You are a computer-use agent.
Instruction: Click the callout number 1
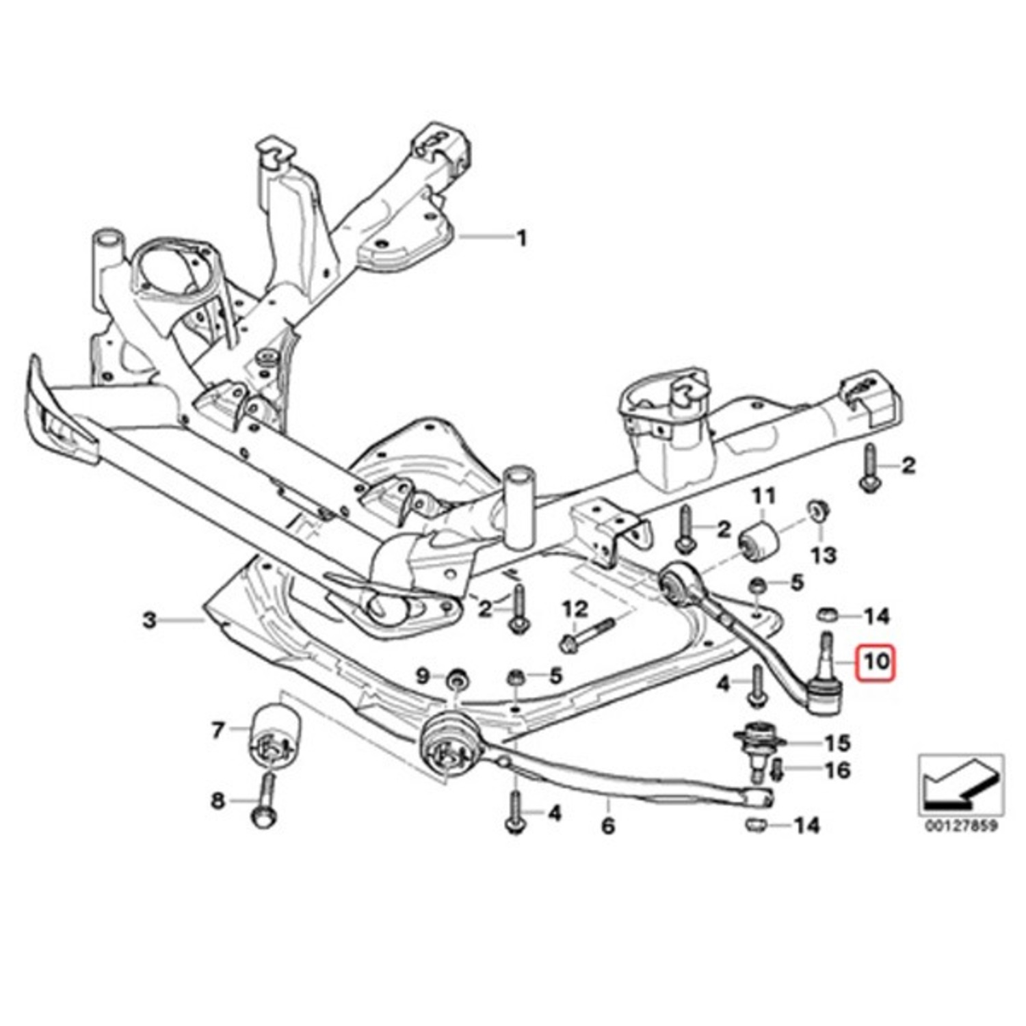[x=522, y=239]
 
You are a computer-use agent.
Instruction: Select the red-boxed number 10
[x=877, y=662]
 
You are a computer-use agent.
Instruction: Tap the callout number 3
[x=150, y=621]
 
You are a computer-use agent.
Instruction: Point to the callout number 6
[x=608, y=826]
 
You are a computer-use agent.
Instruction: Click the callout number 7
[x=218, y=731]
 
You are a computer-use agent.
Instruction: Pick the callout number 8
[x=218, y=800]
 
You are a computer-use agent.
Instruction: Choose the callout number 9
[x=422, y=677]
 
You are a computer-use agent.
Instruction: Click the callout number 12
[x=575, y=607]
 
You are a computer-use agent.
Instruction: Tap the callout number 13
[x=824, y=554]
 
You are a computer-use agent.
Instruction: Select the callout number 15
[x=837, y=743]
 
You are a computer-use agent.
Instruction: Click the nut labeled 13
[x=817, y=511]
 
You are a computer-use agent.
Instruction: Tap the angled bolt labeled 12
[x=588, y=632]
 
